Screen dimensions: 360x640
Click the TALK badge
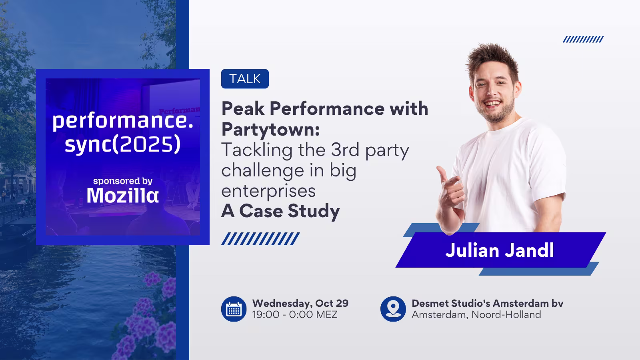245,79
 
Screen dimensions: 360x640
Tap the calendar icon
234,309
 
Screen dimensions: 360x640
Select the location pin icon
393,309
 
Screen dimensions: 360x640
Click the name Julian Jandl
500,250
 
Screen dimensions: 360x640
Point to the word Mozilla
122,196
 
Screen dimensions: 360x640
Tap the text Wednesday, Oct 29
300,303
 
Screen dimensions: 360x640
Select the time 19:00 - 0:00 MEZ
294,314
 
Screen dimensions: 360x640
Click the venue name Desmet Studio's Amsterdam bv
487,303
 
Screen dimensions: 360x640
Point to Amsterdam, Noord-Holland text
476,314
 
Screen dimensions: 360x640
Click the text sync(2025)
122,144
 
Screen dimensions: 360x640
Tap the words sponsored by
122,181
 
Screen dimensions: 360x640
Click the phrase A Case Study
280,211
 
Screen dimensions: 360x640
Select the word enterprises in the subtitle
268,191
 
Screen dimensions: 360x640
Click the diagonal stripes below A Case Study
260,239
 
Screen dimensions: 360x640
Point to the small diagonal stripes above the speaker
583,39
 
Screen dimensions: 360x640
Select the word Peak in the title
242,108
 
